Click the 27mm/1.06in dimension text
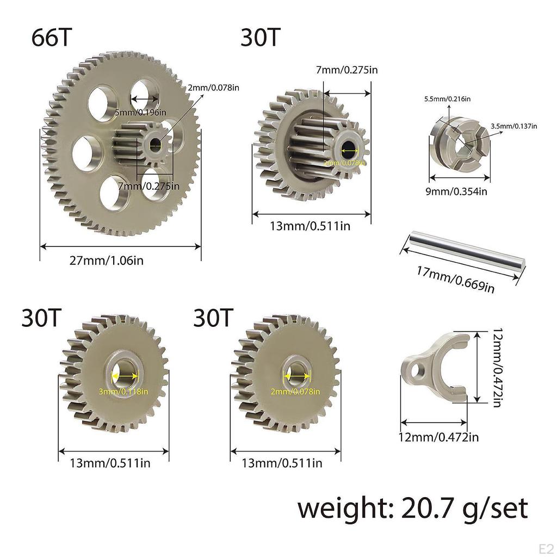point(106,260)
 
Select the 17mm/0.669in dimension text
point(456,278)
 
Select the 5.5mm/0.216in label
point(447,98)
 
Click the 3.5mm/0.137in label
point(513,126)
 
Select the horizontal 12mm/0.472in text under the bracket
point(440,436)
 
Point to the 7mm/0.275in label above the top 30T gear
point(347,70)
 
